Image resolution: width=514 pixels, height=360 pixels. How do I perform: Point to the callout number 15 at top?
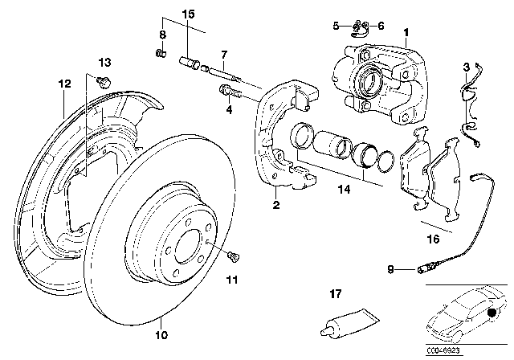(x=188, y=14)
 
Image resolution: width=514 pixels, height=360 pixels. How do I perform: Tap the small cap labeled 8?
(x=160, y=54)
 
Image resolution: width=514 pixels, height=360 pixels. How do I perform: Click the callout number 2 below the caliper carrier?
(x=275, y=205)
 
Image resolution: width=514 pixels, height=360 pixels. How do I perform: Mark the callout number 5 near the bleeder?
(x=336, y=26)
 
